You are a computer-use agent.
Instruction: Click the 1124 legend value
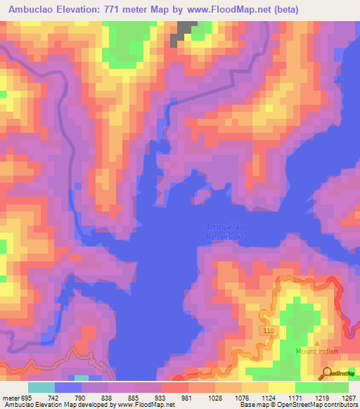(268, 398)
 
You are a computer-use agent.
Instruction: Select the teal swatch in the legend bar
(41, 387)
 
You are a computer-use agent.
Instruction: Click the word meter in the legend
(12, 398)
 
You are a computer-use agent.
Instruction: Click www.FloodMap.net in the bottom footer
(145, 405)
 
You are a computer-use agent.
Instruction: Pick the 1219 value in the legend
(321, 398)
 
